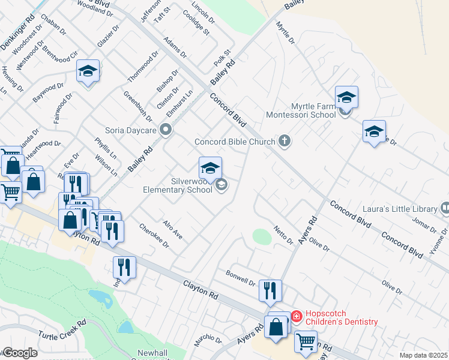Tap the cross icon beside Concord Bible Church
click(285, 142)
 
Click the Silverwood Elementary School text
click(178, 185)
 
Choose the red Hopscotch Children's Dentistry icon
click(296, 316)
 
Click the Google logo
click(20, 353)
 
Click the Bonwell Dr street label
click(241, 277)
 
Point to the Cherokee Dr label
click(154, 238)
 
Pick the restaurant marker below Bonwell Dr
click(270, 292)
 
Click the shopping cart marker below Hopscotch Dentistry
click(306, 341)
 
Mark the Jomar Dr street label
click(424, 227)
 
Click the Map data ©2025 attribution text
click(423, 355)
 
